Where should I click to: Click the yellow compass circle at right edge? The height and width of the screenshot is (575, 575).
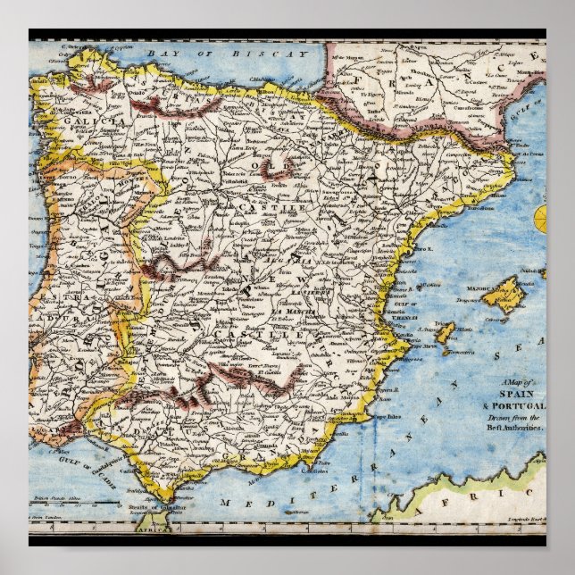(541, 218)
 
